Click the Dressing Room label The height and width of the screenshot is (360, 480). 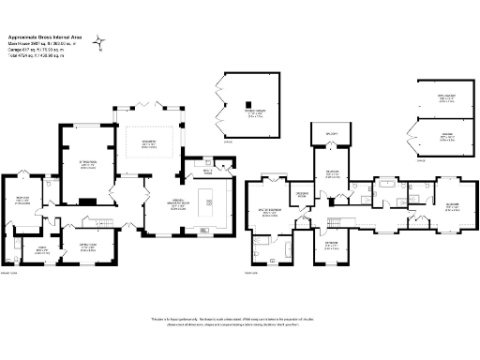tap(303, 195)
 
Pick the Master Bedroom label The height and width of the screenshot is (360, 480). tap(269, 214)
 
